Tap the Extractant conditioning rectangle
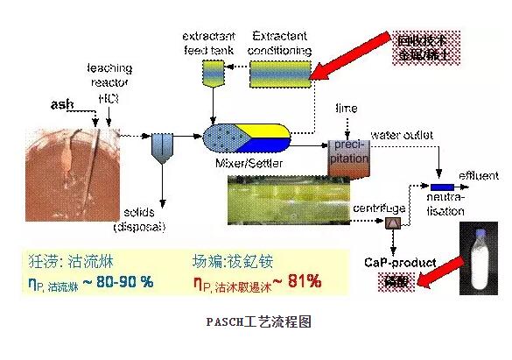coord(279,76)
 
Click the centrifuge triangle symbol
coord(391,225)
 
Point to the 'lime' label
coord(346,108)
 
